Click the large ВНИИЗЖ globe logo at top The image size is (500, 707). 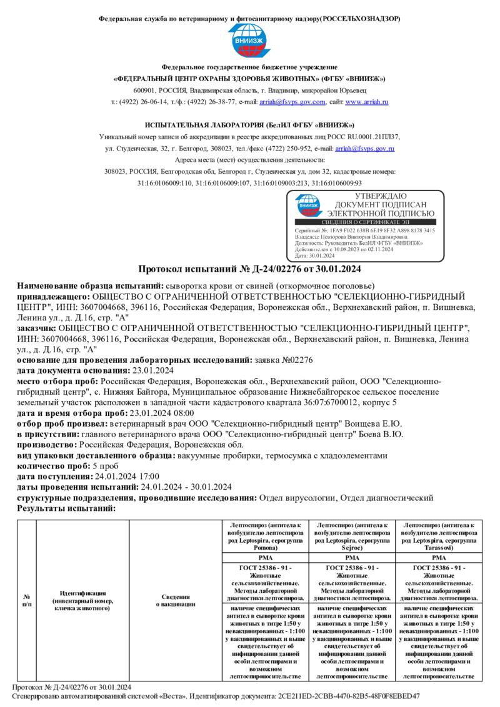pos(249,41)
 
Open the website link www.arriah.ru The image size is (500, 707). pos(367,102)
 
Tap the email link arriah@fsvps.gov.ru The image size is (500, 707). pos(364,149)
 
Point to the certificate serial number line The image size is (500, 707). pos(365,231)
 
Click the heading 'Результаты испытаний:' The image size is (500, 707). pos(66,508)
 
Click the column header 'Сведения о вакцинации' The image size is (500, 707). pos(176,600)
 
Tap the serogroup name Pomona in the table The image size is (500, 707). pos(266,547)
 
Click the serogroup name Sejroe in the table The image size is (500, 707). pos(352,547)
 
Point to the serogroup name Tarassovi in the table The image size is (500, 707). pos(439,547)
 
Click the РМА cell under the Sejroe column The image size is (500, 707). pos(352,557)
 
